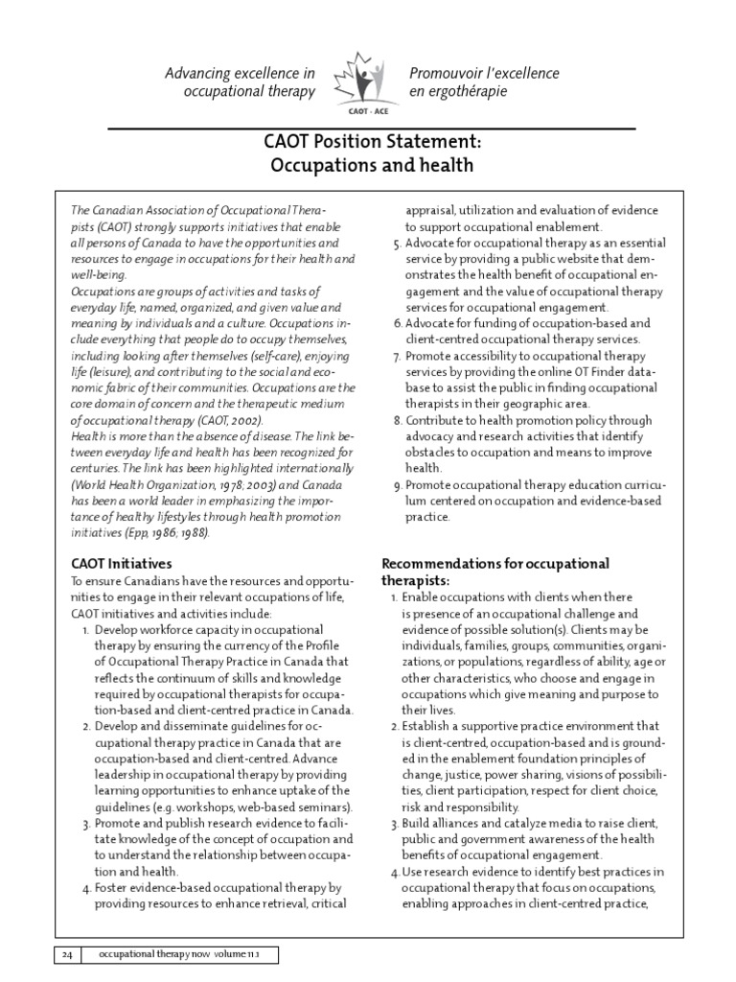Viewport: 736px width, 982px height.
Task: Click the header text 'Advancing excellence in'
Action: pyautogui.click(x=240, y=74)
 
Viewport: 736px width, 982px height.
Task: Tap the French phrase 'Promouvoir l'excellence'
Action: pyautogui.click(x=484, y=74)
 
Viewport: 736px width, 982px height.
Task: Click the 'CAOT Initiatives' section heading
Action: pyautogui.click(x=122, y=564)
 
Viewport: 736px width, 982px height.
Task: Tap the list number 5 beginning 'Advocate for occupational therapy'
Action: pyautogui.click(x=398, y=244)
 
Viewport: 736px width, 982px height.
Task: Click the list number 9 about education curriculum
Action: pyautogui.click(x=398, y=485)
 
